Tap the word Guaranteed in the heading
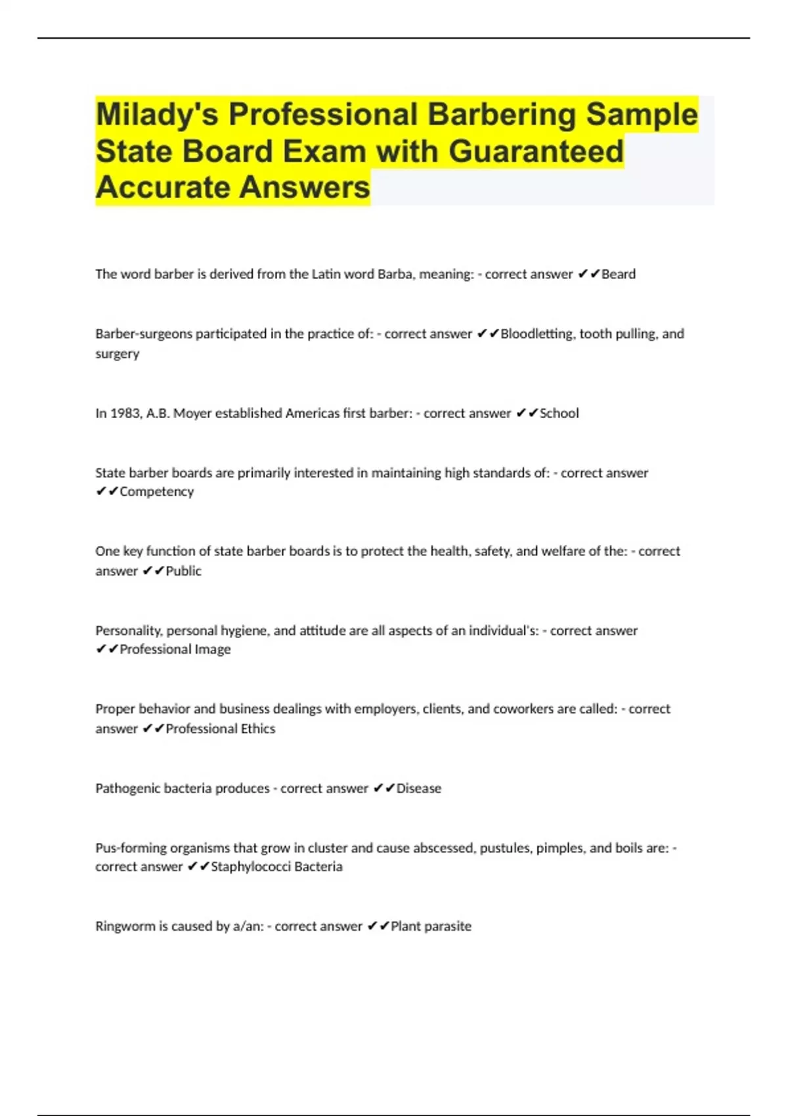(536, 151)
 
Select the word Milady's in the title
(157, 114)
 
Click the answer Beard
(619, 274)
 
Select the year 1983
(123, 414)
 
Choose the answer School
(559, 414)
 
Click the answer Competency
(156, 492)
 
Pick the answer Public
(183, 571)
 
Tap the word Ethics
(257, 729)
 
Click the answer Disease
(418, 788)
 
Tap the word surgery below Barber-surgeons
(118, 354)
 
